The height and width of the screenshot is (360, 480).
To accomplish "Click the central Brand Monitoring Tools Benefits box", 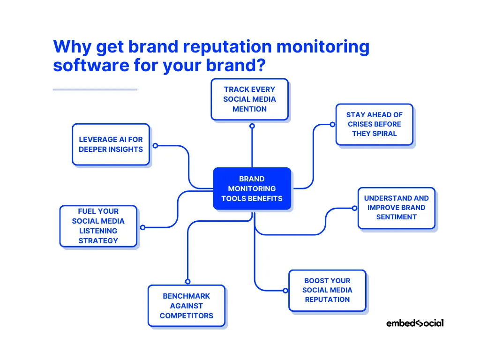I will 252,188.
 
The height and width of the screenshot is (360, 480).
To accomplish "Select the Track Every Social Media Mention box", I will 249,99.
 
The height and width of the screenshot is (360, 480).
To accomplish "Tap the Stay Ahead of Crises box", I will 374,124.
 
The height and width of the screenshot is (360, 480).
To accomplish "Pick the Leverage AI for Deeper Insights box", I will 111,144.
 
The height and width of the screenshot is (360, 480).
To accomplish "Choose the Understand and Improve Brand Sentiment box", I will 396,208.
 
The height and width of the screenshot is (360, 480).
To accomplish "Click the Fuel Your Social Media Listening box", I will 98,226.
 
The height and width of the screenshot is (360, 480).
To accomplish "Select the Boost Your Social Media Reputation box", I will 327,290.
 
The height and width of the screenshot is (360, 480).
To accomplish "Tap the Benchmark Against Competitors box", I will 187,306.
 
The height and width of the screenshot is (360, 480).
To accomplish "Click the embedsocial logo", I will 415,323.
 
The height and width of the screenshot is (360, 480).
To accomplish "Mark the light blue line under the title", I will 95,90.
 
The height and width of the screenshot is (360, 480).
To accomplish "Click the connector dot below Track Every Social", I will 252,126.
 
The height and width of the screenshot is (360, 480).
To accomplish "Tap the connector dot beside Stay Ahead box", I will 332,124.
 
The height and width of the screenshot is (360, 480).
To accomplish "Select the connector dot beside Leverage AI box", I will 155,145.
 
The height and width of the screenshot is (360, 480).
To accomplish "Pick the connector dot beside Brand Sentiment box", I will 354,208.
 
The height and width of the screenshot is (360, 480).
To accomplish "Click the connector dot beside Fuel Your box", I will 143,227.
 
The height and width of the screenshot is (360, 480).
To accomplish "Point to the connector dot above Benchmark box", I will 187,281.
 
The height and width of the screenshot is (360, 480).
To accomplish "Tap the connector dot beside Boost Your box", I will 285,291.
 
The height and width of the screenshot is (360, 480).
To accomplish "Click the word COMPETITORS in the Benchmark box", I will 187,315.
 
